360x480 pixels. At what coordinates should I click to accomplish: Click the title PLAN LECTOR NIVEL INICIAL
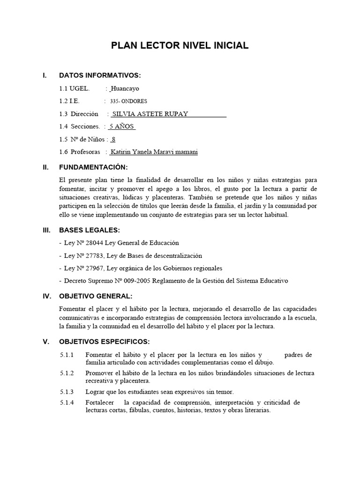[x=180, y=45]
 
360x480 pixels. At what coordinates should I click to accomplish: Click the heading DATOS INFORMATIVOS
[x=99, y=75]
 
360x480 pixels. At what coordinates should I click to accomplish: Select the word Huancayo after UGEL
[x=125, y=88]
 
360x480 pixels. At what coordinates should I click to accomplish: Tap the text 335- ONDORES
[x=128, y=101]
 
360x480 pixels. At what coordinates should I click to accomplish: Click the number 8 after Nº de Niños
[x=113, y=139]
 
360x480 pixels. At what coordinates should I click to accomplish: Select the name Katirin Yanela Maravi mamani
[x=154, y=152]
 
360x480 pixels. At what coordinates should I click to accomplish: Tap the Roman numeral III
[x=46, y=230]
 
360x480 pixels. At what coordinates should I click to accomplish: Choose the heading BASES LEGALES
[x=90, y=230]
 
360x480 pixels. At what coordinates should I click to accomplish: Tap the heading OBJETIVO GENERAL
[x=96, y=296]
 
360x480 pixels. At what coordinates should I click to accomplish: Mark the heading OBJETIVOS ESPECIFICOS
[x=104, y=341]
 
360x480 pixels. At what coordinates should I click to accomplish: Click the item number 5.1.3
[x=67, y=391]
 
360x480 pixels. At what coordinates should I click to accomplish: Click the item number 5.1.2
[x=67, y=373]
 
